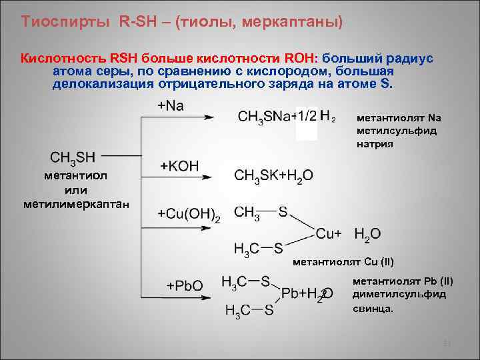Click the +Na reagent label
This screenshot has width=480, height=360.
[170, 106]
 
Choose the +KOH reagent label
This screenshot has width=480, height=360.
[179, 166]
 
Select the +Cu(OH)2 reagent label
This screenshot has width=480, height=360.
[189, 213]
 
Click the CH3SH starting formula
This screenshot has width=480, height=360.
[73, 157]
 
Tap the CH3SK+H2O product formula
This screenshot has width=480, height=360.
[273, 175]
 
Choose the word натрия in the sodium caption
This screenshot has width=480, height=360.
[375, 143]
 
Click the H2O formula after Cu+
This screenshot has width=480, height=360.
[367, 234]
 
